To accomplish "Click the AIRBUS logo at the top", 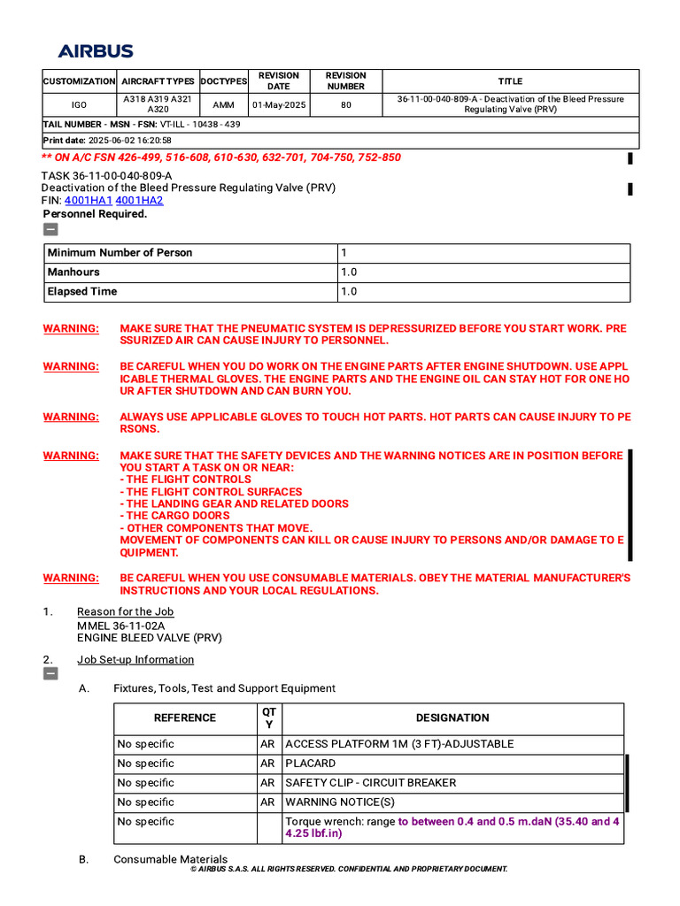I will (x=96, y=51).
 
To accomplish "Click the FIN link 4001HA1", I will (x=89, y=201).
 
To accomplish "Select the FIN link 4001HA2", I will (x=139, y=201).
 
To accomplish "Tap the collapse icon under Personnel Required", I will (x=50, y=229).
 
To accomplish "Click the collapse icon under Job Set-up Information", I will (x=50, y=674).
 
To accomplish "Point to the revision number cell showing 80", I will (x=345, y=104).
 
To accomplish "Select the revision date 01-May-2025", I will (x=279, y=104).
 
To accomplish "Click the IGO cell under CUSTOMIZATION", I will (x=80, y=104).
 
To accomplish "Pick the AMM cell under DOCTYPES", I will (x=224, y=104).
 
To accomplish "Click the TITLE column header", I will (x=510, y=81).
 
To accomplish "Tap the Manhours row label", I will (x=73, y=273).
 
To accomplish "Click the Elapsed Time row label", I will (x=81, y=292).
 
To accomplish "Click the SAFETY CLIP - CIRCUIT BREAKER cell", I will (x=370, y=783).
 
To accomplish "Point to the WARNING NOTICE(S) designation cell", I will (x=340, y=802).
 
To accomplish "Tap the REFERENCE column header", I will (x=185, y=718).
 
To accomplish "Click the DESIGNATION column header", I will (x=452, y=718).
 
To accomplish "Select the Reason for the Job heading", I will (x=125, y=612).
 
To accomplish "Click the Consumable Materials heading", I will (x=170, y=860).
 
